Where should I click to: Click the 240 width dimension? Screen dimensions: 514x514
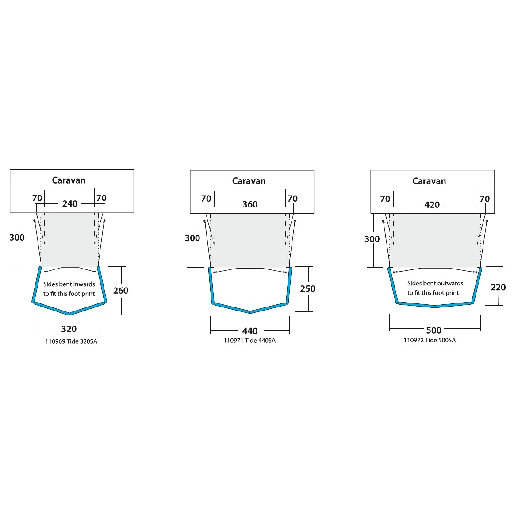[x=70, y=203]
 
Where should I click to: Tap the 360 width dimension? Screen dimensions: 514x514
[x=250, y=204]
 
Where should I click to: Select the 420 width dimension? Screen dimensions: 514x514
[x=432, y=205]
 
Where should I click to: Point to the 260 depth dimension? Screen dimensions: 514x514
[x=121, y=291]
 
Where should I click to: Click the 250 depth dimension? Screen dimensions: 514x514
[x=307, y=288]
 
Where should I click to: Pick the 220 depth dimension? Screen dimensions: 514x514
[x=498, y=287]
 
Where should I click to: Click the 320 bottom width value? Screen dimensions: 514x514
[x=69, y=329]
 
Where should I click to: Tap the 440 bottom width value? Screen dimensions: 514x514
[x=250, y=331]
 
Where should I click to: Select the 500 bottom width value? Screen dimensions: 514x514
[x=433, y=330]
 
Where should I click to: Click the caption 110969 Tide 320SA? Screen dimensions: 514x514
[x=71, y=341]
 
